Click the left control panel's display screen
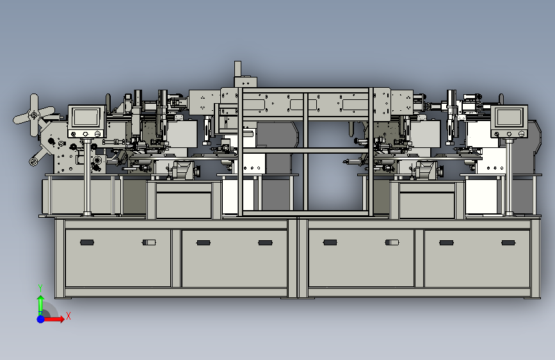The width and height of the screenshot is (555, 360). click(x=85, y=117)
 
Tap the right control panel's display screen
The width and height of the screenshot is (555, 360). click(x=509, y=117)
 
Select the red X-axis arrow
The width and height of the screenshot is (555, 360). click(x=54, y=319)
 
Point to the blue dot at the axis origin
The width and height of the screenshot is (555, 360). click(x=41, y=319)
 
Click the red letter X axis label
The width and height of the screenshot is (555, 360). click(x=68, y=316)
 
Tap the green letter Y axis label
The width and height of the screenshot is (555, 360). click(x=40, y=288)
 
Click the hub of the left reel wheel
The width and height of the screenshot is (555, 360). click(x=34, y=115)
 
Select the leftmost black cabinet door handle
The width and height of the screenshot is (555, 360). click(x=87, y=242)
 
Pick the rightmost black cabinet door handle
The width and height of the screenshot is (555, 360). click(x=508, y=243)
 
